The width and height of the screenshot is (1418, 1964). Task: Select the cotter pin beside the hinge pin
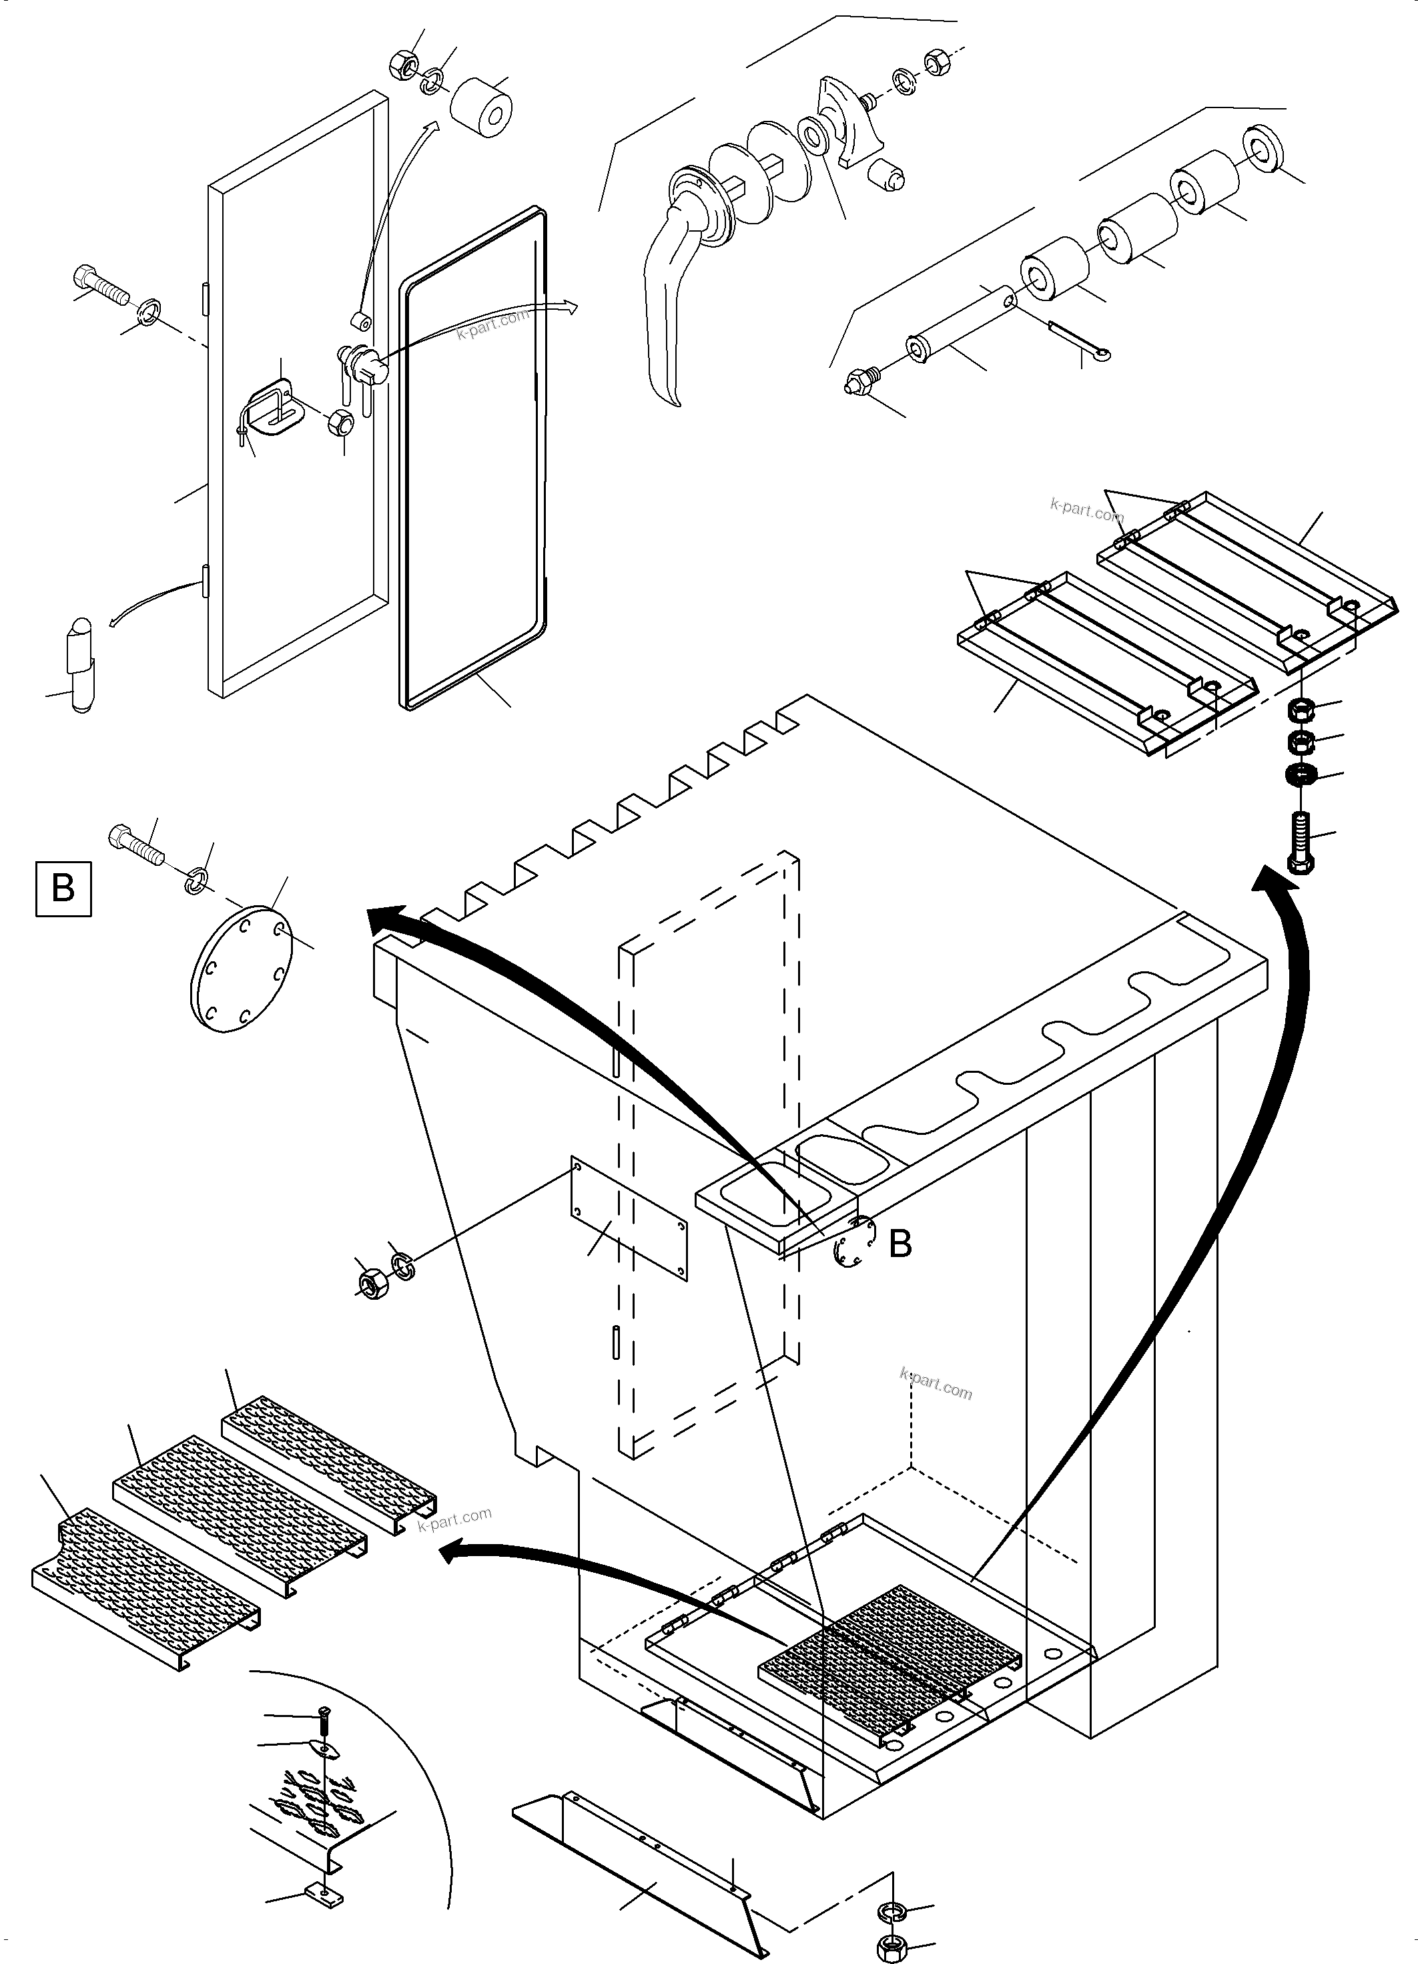(1078, 339)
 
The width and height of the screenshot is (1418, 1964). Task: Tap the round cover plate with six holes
(242, 970)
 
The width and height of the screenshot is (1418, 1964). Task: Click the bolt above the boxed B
(137, 843)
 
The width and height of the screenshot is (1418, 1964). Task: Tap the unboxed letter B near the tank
(900, 1244)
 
